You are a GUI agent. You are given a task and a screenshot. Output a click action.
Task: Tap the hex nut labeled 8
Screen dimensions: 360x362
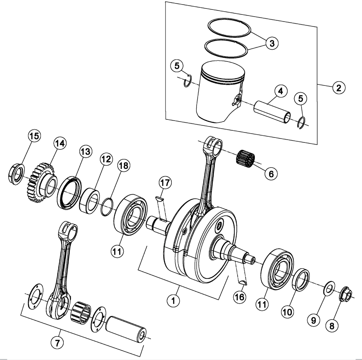click(346, 293)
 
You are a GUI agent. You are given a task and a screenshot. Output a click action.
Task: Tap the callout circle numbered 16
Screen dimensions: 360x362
click(239, 297)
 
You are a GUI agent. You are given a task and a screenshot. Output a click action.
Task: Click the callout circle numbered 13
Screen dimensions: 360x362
click(85, 151)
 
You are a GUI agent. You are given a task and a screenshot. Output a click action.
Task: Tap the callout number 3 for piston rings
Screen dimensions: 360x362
click(272, 43)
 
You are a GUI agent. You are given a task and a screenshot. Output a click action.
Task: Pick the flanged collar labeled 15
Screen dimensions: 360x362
click(15, 175)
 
